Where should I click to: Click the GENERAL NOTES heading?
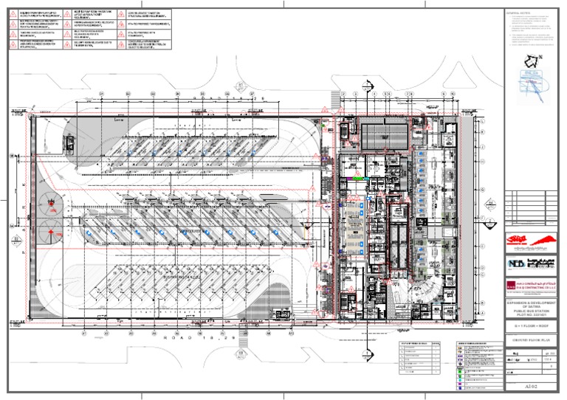click(520, 13)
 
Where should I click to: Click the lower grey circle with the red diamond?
click(50, 232)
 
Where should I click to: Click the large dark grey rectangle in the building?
click(384, 135)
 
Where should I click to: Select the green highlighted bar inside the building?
click(360, 178)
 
